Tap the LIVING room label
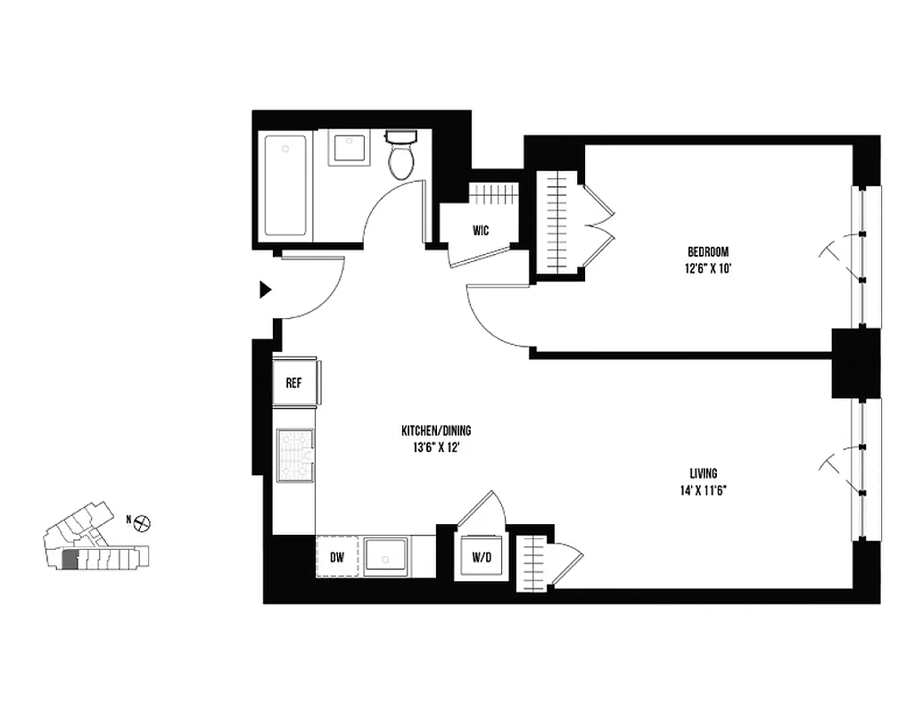(x=703, y=473)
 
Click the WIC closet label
(x=481, y=231)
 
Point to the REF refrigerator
(x=293, y=383)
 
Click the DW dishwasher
(x=337, y=558)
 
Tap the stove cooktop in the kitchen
(x=295, y=455)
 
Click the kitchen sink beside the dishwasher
(x=386, y=558)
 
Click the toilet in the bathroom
(x=401, y=155)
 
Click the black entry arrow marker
(x=264, y=290)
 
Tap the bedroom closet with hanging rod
(x=556, y=227)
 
